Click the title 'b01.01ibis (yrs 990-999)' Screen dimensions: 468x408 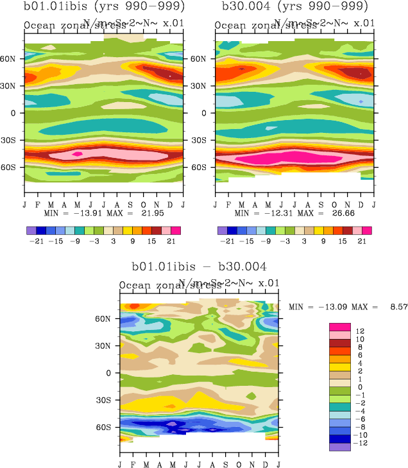click(x=103, y=8)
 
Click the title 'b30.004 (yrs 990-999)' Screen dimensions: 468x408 click(x=294, y=8)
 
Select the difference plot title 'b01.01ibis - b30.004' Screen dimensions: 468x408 click(x=198, y=266)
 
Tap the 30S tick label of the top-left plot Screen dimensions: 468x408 click(x=13, y=140)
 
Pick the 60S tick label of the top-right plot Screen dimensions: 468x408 click(x=205, y=168)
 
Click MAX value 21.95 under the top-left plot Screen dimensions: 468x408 click(x=155, y=212)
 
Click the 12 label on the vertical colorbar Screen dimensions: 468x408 click(x=360, y=331)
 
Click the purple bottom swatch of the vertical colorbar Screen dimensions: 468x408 click(x=340, y=447)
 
